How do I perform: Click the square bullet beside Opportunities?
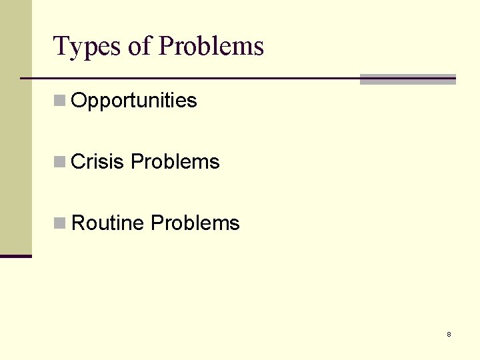click(60, 101)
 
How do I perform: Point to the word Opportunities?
click(133, 101)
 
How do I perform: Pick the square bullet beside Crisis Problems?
click(60, 162)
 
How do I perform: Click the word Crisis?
click(97, 162)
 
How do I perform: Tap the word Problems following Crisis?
click(175, 162)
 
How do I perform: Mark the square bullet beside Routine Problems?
click(60, 223)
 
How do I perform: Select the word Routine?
click(107, 223)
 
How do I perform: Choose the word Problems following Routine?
click(195, 223)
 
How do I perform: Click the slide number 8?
click(449, 334)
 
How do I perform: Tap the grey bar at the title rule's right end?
click(407, 79)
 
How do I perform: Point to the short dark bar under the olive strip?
click(15, 256)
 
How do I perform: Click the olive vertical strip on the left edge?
click(15, 127)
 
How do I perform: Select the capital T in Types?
click(60, 47)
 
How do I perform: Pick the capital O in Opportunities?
click(78, 101)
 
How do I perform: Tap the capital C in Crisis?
click(77, 162)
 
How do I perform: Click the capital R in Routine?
click(78, 223)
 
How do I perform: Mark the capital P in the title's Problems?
click(167, 47)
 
